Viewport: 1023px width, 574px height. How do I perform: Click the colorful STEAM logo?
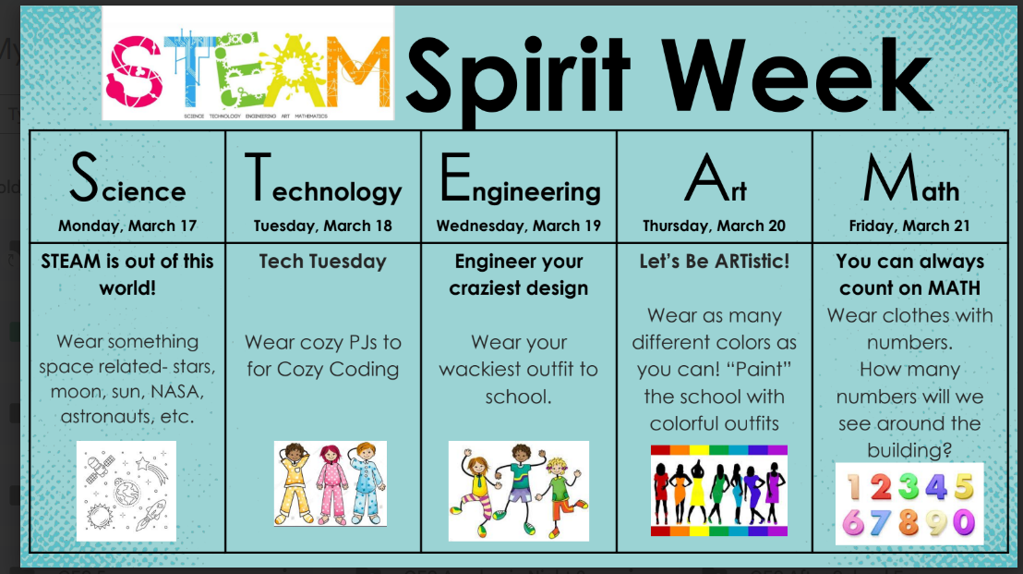[x=248, y=64]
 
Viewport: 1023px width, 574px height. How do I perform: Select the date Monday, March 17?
[x=127, y=226]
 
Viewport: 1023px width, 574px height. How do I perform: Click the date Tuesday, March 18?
[x=323, y=226]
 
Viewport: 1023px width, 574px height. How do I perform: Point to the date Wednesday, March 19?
[x=519, y=226]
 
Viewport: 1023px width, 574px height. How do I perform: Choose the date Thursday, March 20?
[x=715, y=226]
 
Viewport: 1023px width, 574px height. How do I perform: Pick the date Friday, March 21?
[x=909, y=226]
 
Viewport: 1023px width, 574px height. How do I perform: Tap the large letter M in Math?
[x=890, y=177]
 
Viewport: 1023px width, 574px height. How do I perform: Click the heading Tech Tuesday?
[x=323, y=262]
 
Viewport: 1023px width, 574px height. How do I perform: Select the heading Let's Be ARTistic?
[x=715, y=262]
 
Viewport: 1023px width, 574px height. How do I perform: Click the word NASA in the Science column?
[x=176, y=392]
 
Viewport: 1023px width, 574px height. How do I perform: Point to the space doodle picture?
[x=126, y=491]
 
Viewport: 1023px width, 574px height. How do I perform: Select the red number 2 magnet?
[x=880, y=487]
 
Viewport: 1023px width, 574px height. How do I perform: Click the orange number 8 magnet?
[x=909, y=522]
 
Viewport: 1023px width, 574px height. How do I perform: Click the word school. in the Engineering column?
[x=519, y=397]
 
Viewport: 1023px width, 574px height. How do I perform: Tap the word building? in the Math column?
[x=909, y=450]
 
